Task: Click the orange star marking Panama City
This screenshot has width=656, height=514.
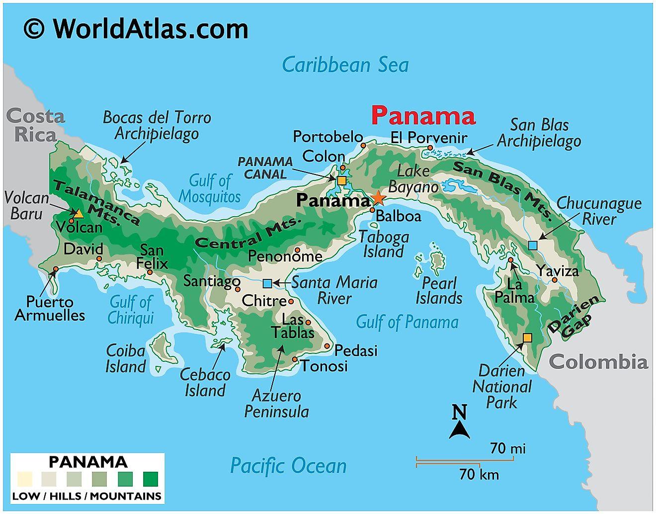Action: click(378, 198)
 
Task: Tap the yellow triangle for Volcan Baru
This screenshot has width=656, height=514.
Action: click(79, 214)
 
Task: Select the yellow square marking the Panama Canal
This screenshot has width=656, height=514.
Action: click(341, 180)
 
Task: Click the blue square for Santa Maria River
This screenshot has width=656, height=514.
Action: click(267, 283)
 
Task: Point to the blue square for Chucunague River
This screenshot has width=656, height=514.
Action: click(533, 245)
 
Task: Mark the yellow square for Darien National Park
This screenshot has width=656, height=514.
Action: click(527, 338)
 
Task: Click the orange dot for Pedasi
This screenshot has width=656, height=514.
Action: click(328, 346)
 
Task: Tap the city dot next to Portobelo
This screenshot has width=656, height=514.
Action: click(363, 145)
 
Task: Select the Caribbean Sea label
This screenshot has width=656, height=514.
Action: click(345, 65)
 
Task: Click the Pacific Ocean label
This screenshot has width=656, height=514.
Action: click(288, 466)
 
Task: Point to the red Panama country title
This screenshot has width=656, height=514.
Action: click(423, 116)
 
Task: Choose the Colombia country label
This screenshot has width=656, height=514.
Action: click(599, 362)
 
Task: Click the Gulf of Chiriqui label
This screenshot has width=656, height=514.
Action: click(131, 310)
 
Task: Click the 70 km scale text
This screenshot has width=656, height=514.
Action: click(479, 474)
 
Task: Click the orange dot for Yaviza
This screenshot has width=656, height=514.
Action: click(555, 280)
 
